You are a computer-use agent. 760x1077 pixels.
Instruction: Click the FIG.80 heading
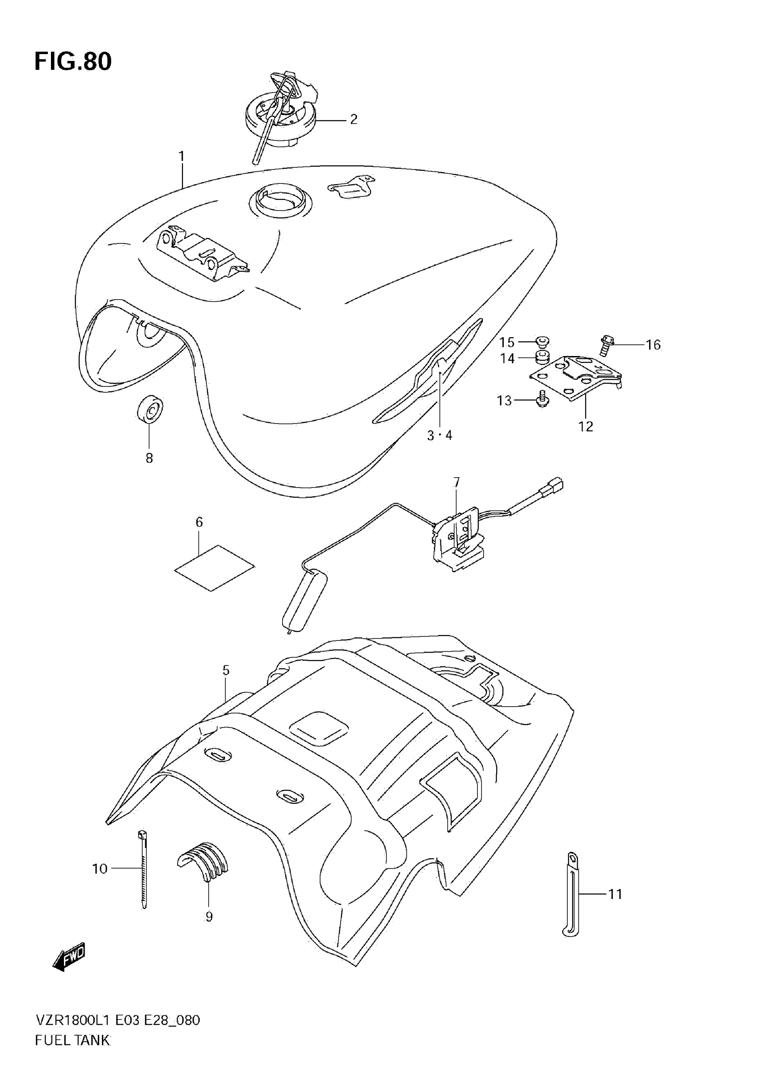tap(73, 61)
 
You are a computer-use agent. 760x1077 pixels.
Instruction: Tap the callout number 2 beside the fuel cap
tap(354, 119)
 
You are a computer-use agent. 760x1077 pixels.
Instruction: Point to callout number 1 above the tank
tap(182, 156)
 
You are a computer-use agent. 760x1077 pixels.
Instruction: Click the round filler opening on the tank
tap(277, 201)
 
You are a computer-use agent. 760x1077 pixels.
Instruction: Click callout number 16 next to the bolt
tap(653, 345)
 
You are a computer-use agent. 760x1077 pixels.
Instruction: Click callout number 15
tap(507, 342)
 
